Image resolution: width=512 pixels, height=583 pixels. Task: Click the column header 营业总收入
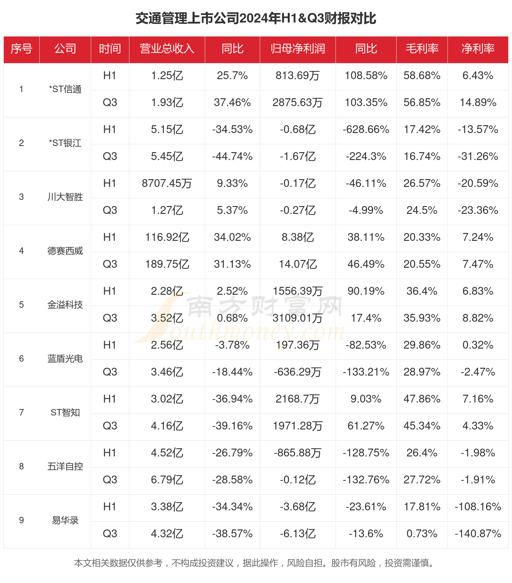(x=167, y=49)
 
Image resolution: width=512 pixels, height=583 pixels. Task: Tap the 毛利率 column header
(x=422, y=49)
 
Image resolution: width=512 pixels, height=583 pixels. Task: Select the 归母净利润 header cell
(x=298, y=49)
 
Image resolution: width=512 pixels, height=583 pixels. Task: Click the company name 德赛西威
(x=65, y=251)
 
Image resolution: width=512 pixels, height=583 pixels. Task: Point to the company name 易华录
(x=65, y=521)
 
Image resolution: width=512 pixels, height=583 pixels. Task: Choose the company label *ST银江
(x=65, y=143)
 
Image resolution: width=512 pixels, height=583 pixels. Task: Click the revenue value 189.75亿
(x=167, y=264)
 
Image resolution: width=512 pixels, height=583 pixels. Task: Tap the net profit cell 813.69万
(x=298, y=76)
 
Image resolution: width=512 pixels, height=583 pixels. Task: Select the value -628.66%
(x=366, y=130)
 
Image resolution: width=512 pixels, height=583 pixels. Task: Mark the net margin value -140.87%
(x=478, y=534)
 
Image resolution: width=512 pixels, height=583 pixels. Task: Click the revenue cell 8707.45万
(x=167, y=184)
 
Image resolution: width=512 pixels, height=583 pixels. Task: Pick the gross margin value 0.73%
(x=422, y=534)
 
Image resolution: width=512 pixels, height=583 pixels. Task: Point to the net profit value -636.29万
(x=298, y=372)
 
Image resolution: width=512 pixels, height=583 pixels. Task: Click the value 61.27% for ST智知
(x=366, y=426)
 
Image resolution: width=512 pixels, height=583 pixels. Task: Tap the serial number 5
(x=22, y=305)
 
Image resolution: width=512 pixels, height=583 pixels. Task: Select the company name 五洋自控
(x=65, y=467)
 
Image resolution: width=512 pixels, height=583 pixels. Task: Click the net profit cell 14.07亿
(x=298, y=264)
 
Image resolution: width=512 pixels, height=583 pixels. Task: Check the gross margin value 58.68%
(x=422, y=76)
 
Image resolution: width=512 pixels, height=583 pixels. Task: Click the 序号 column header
(x=22, y=49)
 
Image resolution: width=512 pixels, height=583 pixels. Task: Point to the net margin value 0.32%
(x=478, y=345)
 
